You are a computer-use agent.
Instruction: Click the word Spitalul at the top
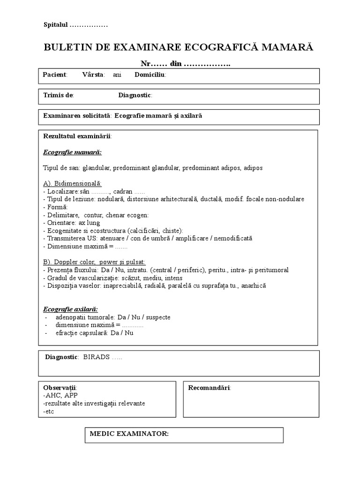[x=56, y=25]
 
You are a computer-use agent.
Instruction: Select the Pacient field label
[x=55, y=75]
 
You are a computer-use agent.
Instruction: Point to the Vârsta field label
[x=93, y=75]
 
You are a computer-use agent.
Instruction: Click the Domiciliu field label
[x=150, y=75]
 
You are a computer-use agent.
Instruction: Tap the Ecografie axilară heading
[x=70, y=309]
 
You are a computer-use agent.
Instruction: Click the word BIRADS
[x=97, y=357]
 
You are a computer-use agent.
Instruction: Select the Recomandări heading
[x=209, y=388]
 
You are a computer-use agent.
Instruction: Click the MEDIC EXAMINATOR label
[x=129, y=434]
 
